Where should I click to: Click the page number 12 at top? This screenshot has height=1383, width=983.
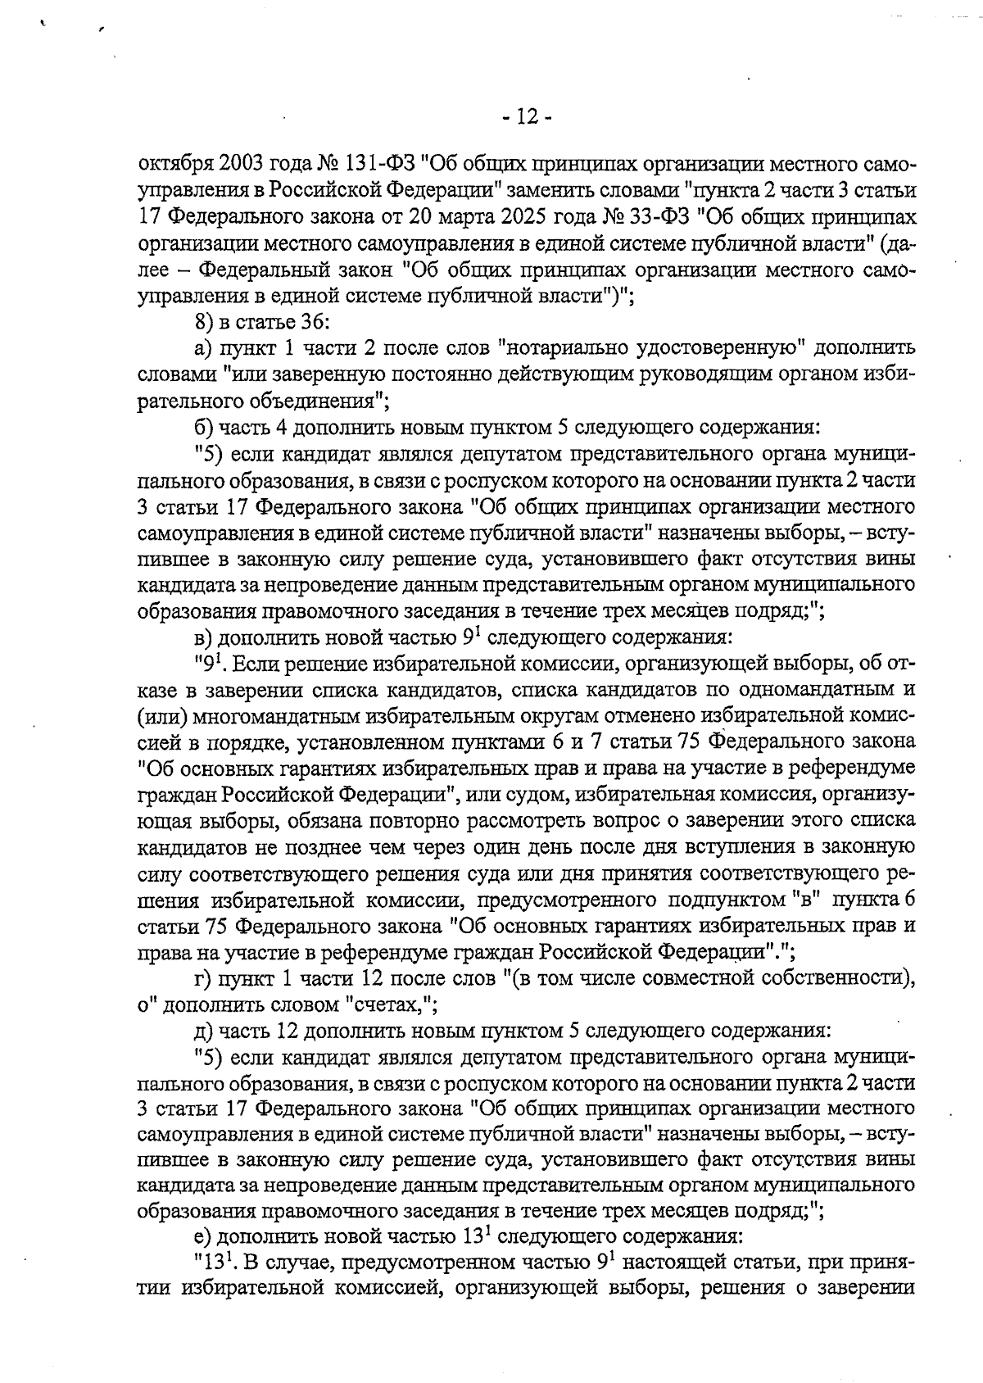(x=527, y=118)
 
